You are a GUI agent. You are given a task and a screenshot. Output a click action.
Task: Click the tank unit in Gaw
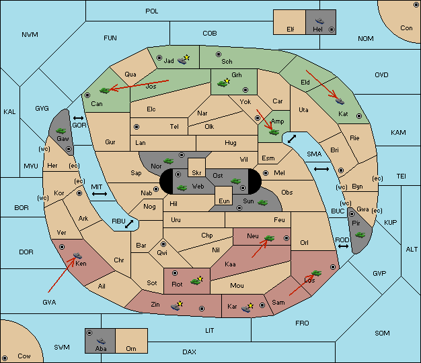tap(61, 131)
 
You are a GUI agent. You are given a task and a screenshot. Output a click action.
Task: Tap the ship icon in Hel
tap(319, 21)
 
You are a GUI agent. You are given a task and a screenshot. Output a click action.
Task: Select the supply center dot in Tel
tap(137, 126)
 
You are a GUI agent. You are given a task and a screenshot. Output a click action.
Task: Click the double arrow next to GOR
tap(78, 118)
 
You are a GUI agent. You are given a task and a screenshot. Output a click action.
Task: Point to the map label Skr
tap(196, 173)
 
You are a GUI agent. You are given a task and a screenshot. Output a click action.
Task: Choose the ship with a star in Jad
tap(184, 60)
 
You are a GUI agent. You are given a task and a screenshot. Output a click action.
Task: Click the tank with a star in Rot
tap(197, 280)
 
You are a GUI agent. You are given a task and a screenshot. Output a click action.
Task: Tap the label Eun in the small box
tap(224, 201)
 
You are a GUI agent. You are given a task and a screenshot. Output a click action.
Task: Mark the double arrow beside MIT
tap(100, 194)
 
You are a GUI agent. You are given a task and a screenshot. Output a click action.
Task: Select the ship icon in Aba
tap(101, 341)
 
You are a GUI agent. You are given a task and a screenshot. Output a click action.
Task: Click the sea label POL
tap(152, 11)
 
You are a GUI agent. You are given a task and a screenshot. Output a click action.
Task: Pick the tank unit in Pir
tap(360, 235)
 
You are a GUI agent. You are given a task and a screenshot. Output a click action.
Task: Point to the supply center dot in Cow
tap(5, 358)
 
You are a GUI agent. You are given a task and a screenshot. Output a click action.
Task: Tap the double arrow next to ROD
tap(343, 246)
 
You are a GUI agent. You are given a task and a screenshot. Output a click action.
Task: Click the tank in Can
tap(105, 91)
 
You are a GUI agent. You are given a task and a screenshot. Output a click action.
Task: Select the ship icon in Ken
tap(77, 255)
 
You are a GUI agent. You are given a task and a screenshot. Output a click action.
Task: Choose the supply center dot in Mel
tap(266, 173)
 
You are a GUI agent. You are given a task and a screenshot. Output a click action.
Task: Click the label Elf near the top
tap(291, 30)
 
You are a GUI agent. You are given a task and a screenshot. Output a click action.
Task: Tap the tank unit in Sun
tap(262, 203)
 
